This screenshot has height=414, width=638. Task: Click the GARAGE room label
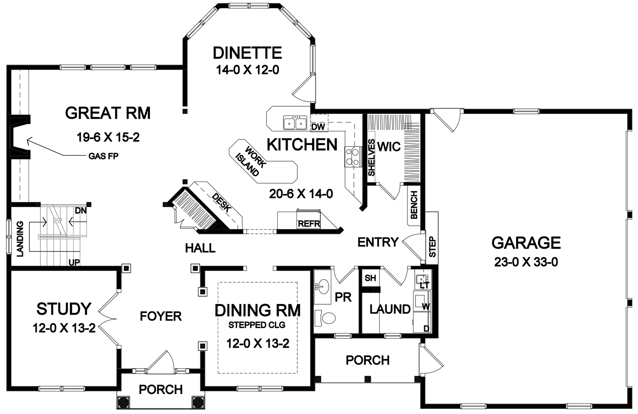[526, 243]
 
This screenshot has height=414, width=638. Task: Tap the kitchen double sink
[295, 123]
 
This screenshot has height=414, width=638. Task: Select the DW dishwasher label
[318, 127]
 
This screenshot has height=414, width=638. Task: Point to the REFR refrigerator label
[309, 224]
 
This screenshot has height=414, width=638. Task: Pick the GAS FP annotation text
[103, 156]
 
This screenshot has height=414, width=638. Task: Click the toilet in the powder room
[325, 318]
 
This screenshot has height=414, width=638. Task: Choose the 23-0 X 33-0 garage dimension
[526, 262]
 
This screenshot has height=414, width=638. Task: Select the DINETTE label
[247, 53]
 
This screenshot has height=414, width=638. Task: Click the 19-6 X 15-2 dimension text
[108, 138]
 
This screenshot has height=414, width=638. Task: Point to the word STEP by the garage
[433, 247]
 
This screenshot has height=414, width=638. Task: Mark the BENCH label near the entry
[414, 204]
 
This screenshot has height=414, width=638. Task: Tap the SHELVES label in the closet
[371, 157]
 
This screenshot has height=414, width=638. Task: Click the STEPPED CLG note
[256, 325]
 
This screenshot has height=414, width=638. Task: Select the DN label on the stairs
[81, 211]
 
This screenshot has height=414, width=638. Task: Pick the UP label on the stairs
[74, 263]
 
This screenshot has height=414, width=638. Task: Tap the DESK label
[221, 203]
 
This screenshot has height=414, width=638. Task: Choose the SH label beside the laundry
[370, 278]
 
